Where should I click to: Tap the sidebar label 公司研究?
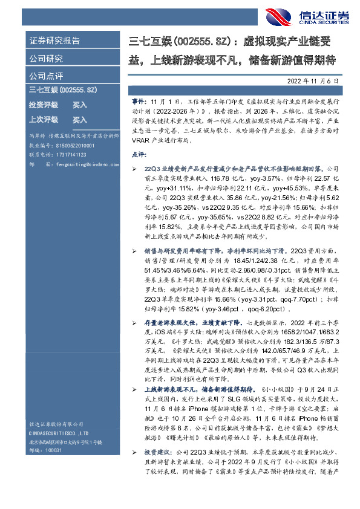[46, 59]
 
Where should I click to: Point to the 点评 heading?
[138, 155]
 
